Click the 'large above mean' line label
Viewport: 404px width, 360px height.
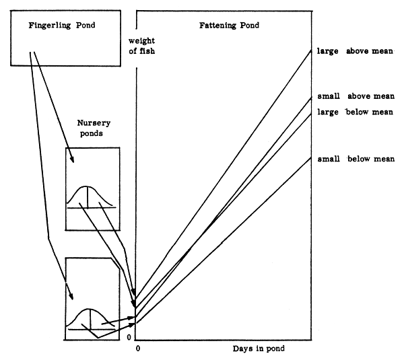point(356,50)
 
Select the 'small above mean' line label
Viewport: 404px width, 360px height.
point(356,96)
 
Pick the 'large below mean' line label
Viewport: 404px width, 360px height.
point(356,112)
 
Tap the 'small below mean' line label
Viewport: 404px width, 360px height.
point(356,159)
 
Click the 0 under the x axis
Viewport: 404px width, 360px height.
point(138,349)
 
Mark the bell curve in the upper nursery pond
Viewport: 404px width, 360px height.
point(91,195)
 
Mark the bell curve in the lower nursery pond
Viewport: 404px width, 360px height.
point(91,318)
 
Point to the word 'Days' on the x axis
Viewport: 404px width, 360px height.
point(243,349)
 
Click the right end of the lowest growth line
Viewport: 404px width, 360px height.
point(312,157)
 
